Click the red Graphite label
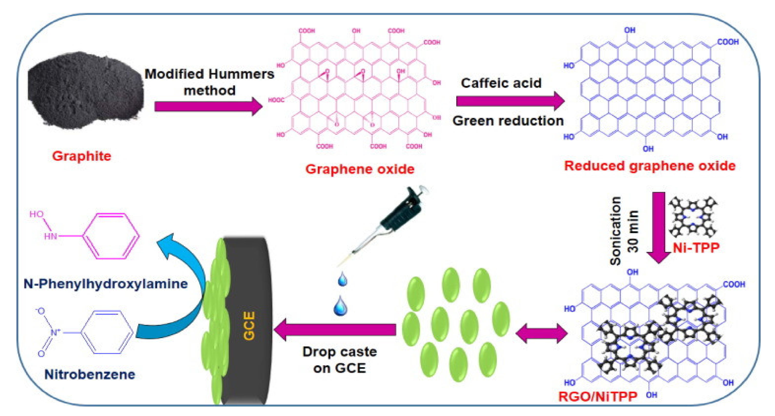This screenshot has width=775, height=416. [x=82, y=156]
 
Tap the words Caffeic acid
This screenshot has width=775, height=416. [x=501, y=83]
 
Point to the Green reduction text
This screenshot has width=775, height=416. [x=508, y=121]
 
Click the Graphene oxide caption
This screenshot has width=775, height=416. [x=360, y=169]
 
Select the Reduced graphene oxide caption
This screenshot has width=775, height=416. [x=650, y=166]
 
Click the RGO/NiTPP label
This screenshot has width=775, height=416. [x=598, y=396]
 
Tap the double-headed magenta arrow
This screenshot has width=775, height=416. [x=541, y=333]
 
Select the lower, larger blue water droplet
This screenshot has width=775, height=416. [x=340, y=306]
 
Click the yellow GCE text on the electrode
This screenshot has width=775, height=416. [x=249, y=326]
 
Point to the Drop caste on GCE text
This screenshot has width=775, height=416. [x=339, y=360]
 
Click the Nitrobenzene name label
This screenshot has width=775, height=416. [x=90, y=374]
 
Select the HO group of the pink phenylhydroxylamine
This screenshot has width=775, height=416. [x=37, y=214]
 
